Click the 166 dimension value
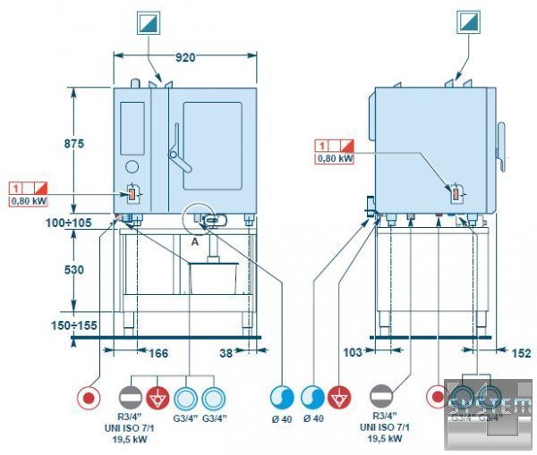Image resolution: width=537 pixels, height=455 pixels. tap(158, 353)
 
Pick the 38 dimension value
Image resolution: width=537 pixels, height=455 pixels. tap(227, 353)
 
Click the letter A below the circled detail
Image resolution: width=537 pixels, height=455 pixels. tap(193, 241)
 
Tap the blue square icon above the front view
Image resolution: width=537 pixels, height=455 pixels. tap(147, 22)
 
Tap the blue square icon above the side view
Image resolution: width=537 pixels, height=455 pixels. tap(469, 22)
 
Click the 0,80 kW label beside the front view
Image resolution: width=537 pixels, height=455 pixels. tap(28, 202)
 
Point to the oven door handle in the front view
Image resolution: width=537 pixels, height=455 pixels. tap(178, 152)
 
